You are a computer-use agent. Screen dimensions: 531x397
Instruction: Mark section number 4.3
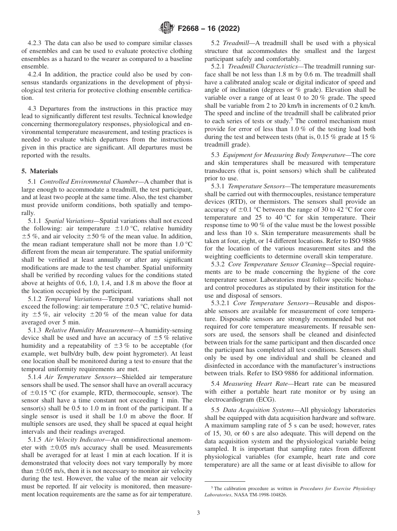[x=34, y=109]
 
